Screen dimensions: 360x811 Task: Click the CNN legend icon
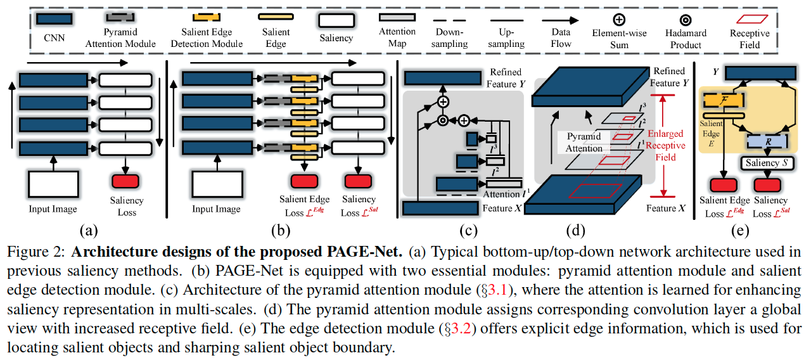(53, 20)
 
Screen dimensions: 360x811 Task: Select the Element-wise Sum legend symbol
(619, 19)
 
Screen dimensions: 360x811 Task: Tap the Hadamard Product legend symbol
(686, 19)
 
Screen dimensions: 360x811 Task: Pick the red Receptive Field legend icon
(749, 19)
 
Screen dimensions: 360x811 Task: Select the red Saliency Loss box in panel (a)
(127, 181)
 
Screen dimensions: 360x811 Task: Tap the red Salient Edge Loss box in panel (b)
(305, 181)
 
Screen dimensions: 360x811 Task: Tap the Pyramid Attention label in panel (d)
(585, 143)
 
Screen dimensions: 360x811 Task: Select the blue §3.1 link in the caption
(495, 290)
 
